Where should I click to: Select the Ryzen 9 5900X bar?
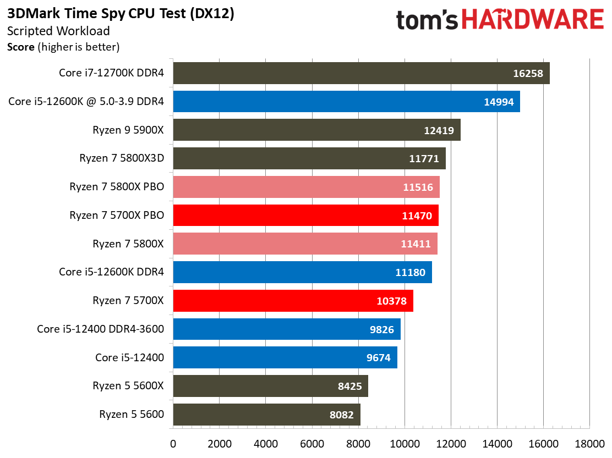(x=316, y=130)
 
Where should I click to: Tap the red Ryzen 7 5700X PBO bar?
(x=305, y=216)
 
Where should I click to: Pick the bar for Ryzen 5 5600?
(x=266, y=415)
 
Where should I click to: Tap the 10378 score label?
(x=391, y=301)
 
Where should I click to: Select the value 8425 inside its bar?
(x=349, y=386)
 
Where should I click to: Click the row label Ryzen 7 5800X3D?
(x=122, y=158)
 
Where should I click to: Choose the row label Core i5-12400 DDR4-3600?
(x=100, y=329)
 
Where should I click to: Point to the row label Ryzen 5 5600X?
(x=128, y=386)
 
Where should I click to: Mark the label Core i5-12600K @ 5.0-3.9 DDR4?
(x=86, y=102)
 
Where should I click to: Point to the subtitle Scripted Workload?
(x=58, y=31)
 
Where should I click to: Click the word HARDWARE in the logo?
(x=533, y=20)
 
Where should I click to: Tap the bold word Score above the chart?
(x=21, y=47)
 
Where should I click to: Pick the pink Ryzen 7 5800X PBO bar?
(x=306, y=187)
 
